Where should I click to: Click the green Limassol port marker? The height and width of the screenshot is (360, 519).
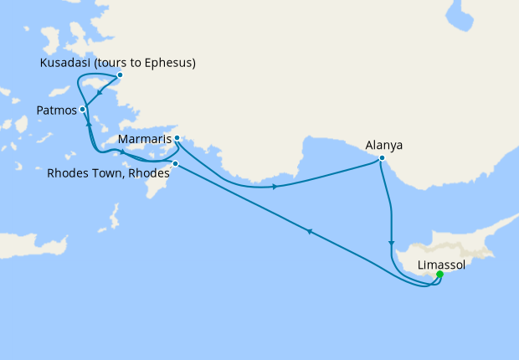pyautogui.click(x=439, y=274)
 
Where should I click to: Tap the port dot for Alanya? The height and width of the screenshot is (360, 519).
pyautogui.click(x=382, y=158)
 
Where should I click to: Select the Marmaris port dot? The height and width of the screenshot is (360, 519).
pyautogui.click(x=177, y=138)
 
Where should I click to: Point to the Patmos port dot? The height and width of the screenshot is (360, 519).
pyautogui.click(x=82, y=109)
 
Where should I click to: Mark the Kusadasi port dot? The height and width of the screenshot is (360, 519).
pyautogui.click(x=120, y=75)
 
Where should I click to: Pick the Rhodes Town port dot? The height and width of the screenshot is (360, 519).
pyautogui.click(x=175, y=163)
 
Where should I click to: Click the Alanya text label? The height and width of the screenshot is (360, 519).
pyautogui.click(x=384, y=145)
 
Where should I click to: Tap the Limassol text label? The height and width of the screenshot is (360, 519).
pyautogui.click(x=441, y=263)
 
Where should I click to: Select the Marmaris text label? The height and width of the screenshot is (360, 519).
pyautogui.click(x=146, y=137)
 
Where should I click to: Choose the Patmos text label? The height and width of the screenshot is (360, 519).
pyautogui.click(x=57, y=110)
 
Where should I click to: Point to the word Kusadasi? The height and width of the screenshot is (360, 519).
pyautogui.click(x=66, y=63)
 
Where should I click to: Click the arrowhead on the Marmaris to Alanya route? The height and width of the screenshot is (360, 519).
pyautogui.click(x=275, y=186)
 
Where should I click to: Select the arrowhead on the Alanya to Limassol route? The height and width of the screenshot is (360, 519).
pyautogui.click(x=391, y=244)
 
